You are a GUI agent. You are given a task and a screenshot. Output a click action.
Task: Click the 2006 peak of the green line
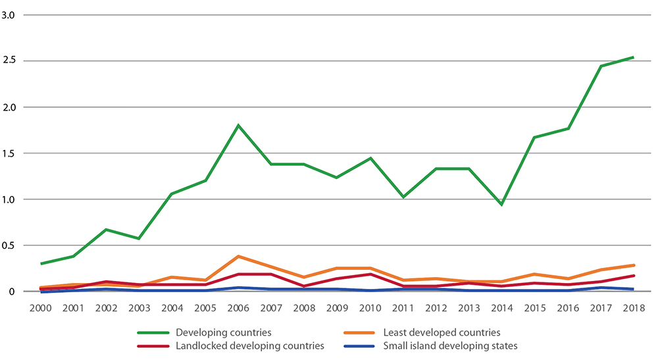coord(238,125)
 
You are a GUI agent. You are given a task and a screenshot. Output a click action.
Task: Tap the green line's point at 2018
coord(633,57)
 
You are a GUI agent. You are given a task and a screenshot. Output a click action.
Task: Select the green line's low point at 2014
coord(501,204)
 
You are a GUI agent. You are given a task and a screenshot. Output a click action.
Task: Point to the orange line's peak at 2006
coord(238,256)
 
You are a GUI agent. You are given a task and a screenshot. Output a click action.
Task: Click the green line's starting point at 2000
coord(41,263)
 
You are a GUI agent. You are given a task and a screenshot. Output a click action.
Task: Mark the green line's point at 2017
coord(600,66)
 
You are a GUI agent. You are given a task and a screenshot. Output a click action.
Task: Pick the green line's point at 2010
coord(370,158)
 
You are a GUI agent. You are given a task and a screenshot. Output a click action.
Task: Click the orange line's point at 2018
coord(633,265)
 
